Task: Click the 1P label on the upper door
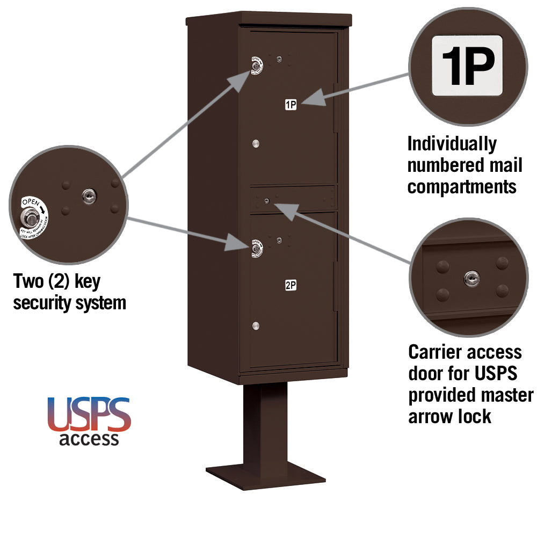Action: (x=291, y=105)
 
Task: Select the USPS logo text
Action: (x=89, y=415)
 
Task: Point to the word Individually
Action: (x=452, y=144)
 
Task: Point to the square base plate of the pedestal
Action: (x=266, y=475)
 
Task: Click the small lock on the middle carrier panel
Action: (x=267, y=201)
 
